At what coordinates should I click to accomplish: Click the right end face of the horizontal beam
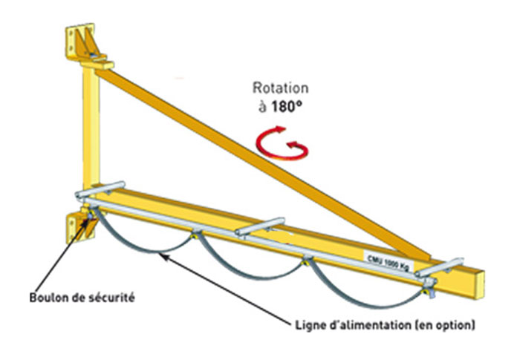pyautogui.click(x=475, y=284)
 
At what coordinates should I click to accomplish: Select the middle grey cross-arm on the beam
pyautogui.click(x=261, y=227)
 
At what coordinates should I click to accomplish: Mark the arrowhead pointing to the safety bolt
pyautogui.click(x=88, y=221)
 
